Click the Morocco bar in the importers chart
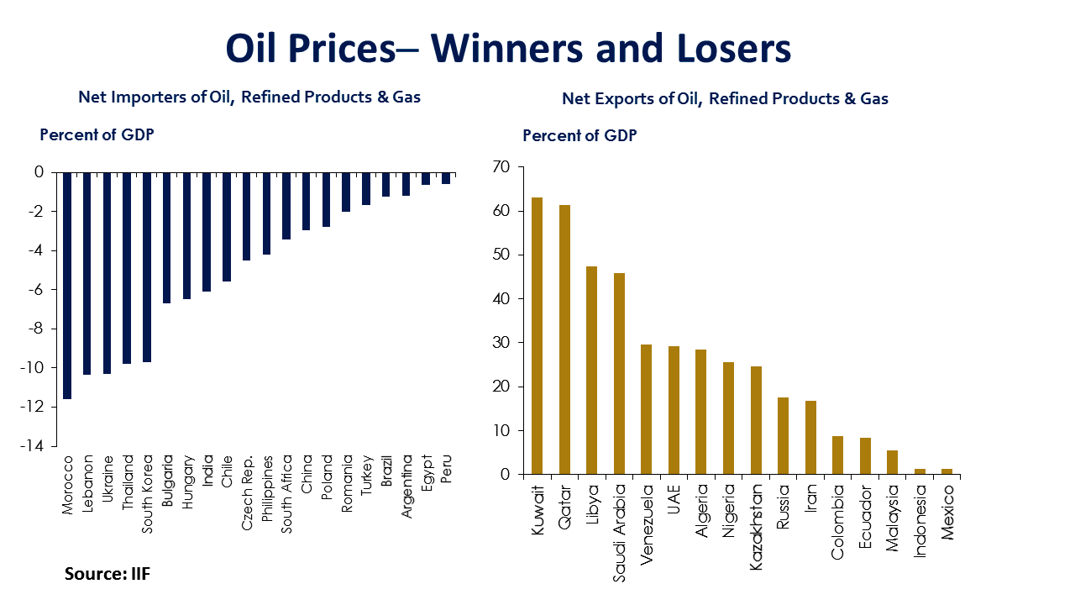(67, 286)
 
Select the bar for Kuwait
(537, 336)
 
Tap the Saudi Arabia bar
(619, 374)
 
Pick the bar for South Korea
(147, 267)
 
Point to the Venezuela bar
(646, 409)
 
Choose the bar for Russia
(783, 436)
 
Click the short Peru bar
(447, 178)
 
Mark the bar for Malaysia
(892, 462)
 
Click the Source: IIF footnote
(107, 574)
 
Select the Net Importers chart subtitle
(249, 97)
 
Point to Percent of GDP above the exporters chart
(579, 136)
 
